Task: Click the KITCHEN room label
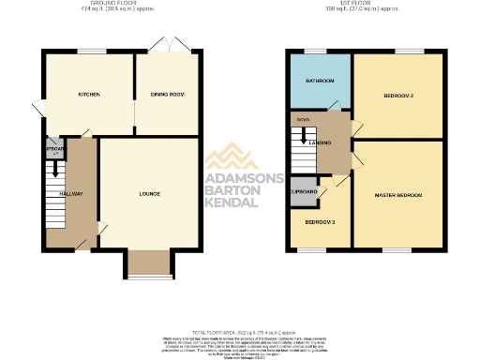pyautogui.click(x=89, y=95)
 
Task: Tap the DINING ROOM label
pyautogui.click(x=167, y=95)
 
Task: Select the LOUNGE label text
pyautogui.click(x=149, y=194)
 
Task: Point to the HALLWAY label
pyautogui.click(x=71, y=194)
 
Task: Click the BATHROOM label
pyautogui.click(x=320, y=81)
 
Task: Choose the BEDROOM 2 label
pyautogui.click(x=398, y=96)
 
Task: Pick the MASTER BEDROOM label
pyautogui.click(x=397, y=195)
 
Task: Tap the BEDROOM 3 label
pyautogui.click(x=320, y=221)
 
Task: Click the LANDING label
pyautogui.click(x=334, y=142)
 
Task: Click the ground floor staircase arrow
pyautogui.click(x=56, y=170)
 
